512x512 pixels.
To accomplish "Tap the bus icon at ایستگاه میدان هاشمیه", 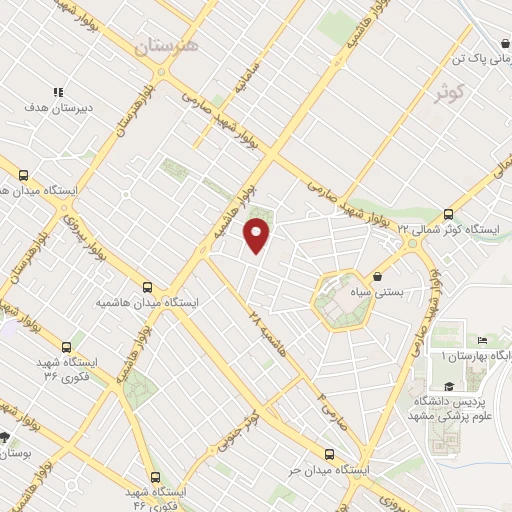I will tap(148, 286).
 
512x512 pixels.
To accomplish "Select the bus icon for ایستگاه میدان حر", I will tap(329, 453).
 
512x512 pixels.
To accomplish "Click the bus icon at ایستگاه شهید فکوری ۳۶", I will tap(66, 346).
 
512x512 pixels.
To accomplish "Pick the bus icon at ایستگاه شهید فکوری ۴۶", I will tap(154, 477).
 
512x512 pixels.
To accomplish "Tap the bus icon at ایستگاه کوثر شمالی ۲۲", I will tap(447, 214).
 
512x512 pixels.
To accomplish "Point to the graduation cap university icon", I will tap(448, 387).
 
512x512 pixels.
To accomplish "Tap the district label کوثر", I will tap(451, 94).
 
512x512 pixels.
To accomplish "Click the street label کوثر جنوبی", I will tap(245, 427).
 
